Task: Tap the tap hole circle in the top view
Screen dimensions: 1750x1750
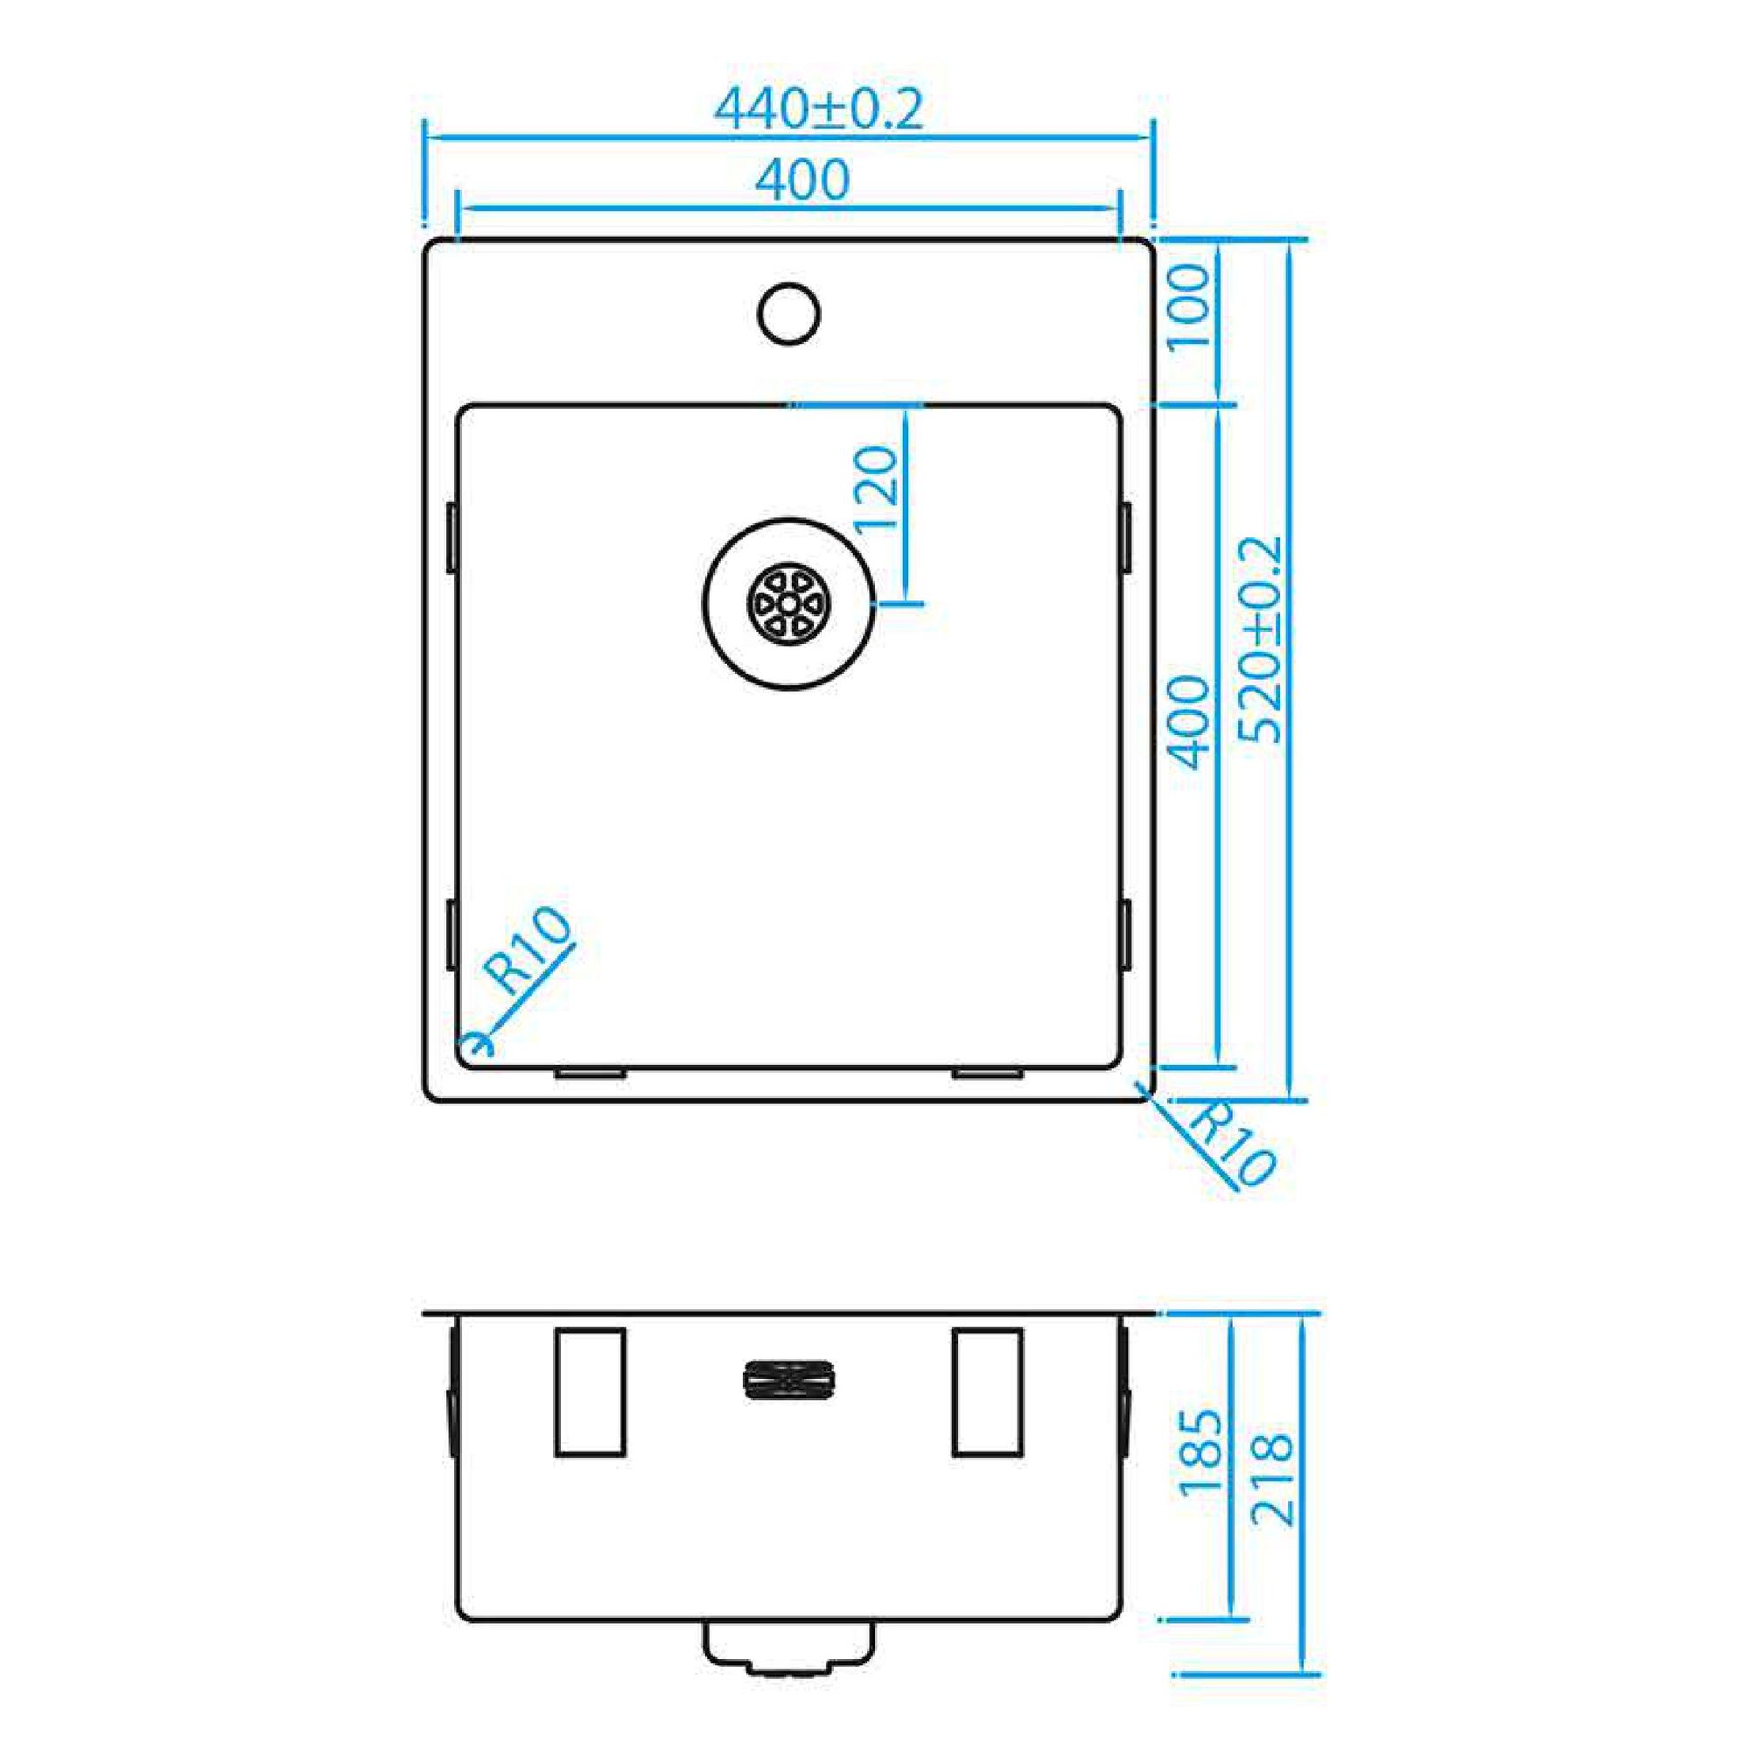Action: click(x=789, y=313)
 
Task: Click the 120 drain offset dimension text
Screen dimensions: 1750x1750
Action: click(x=876, y=489)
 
